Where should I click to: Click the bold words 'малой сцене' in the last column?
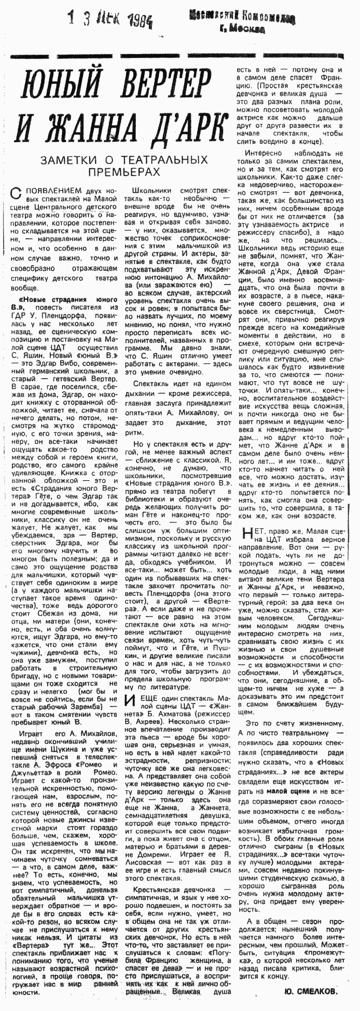(x=290, y=789)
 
